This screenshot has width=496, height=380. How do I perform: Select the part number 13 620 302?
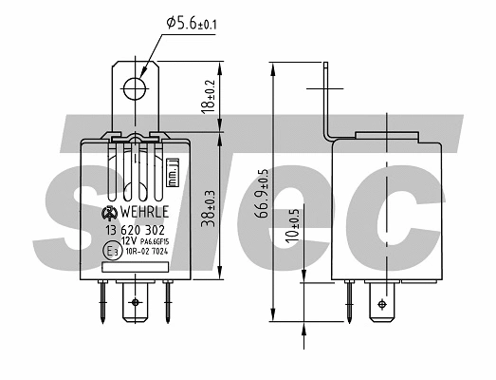(135, 229)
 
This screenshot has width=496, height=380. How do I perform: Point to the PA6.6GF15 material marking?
(153, 243)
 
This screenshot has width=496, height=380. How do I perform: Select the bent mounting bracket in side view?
(327, 104)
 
